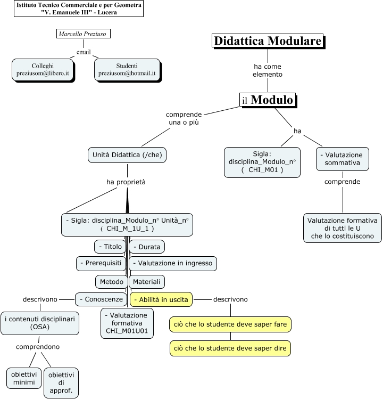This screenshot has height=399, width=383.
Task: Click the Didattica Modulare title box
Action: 268,41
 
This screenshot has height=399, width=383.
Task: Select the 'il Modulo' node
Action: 267,100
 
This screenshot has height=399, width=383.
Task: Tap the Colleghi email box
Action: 43,69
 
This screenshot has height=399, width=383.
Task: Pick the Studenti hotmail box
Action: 127,69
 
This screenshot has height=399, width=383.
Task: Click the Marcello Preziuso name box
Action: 82,34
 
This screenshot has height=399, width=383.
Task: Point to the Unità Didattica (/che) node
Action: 127,155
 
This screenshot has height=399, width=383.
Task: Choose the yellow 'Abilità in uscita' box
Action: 161,300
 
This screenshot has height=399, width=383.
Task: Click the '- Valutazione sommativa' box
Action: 343,159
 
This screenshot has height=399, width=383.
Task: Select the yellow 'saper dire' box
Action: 230,349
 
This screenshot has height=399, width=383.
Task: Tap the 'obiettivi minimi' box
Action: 24,378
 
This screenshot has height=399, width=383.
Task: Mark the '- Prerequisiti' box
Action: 101,263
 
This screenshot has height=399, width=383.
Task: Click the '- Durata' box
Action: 147,247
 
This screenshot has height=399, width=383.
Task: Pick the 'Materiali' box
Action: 146,281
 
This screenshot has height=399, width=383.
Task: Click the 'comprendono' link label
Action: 37,347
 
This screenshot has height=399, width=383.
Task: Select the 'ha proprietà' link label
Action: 126,182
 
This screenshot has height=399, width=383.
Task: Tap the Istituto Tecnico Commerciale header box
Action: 79,9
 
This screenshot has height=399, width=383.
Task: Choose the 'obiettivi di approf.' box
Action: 61,382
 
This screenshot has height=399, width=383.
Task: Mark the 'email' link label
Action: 84,52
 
